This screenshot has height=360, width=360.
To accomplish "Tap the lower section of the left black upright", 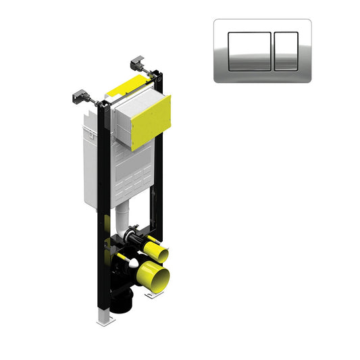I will coord(102,270).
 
